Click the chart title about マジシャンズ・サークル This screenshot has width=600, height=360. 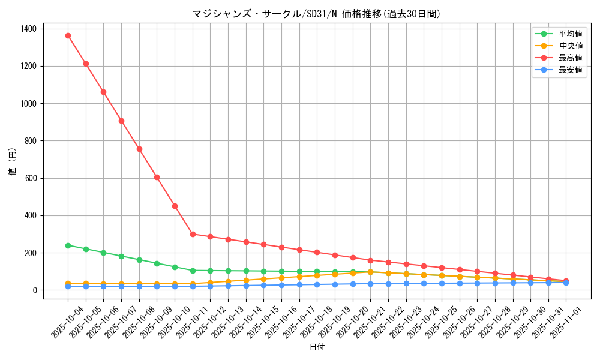click(316, 14)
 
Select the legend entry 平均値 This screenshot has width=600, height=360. click(570, 34)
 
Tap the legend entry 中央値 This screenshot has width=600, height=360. click(570, 46)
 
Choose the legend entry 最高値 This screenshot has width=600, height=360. click(570, 58)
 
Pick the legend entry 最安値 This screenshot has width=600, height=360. click(570, 70)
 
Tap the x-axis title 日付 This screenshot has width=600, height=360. click(316, 347)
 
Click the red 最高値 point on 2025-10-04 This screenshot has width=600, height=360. click(68, 35)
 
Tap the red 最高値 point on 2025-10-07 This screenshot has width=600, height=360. click(121, 121)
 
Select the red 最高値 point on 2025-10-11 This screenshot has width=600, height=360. click(193, 234)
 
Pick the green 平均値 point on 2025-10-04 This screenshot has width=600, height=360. click(68, 245)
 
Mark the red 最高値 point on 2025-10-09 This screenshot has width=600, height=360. click(157, 177)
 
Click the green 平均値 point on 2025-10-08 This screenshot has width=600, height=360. click(139, 260)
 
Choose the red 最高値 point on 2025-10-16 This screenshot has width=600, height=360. click(281, 247)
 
